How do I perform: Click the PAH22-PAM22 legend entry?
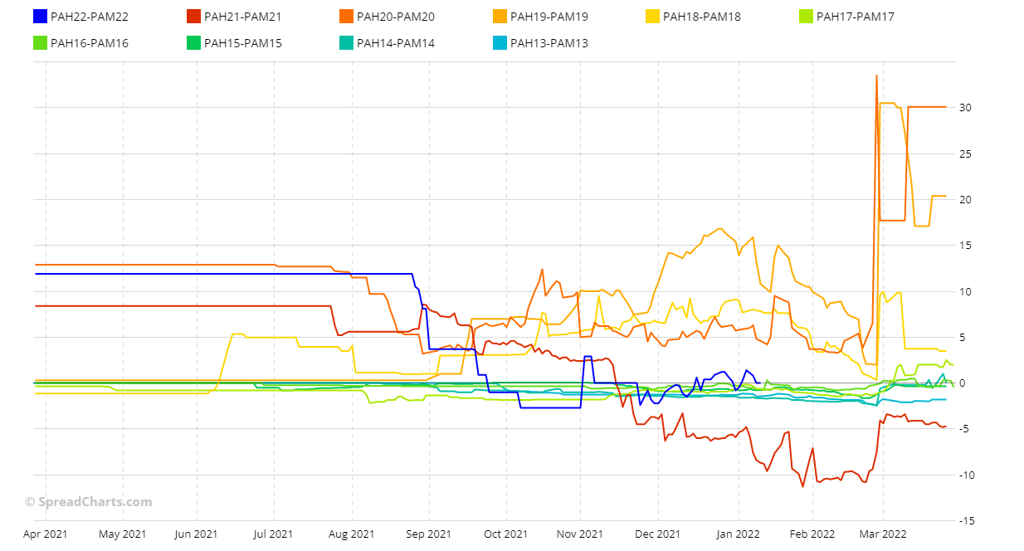[x=90, y=17]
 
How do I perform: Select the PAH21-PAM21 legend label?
[x=242, y=17]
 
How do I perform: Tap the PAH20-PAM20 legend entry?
[x=395, y=17]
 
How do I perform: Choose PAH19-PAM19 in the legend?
[x=549, y=17]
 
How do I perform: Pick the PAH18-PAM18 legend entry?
[x=702, y=17]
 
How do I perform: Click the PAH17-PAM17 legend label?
[x=855, y=17]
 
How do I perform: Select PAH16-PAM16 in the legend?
[x=90, y=43]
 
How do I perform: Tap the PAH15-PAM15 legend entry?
[x=242, y=43]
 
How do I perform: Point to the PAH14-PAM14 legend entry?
[x=395, y=43]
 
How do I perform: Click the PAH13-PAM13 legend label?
[x=549, y=43]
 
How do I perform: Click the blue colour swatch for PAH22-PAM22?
[x=40, y=17]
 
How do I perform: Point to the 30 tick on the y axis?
[x=966, y=108]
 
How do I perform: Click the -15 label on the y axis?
[x=968, y=520]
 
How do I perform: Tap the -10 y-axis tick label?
[x=968, y=475]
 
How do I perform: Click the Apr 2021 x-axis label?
[x=46, y=534]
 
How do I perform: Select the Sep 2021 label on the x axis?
[x=429, y=534]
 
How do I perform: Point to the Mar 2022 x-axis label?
[x=882, y=534]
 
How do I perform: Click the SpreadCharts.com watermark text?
[x=88, y=502]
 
